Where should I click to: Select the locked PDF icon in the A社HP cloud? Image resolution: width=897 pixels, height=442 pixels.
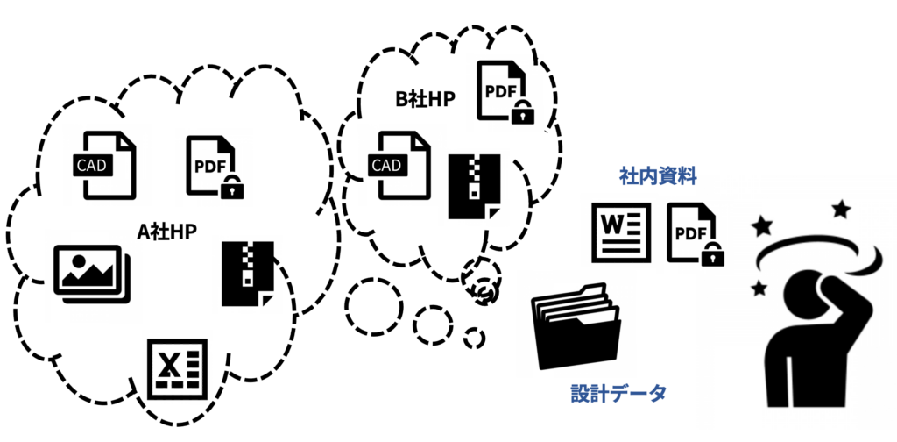coord(212,166)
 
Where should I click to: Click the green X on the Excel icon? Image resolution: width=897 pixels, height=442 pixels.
coord(171,363)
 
